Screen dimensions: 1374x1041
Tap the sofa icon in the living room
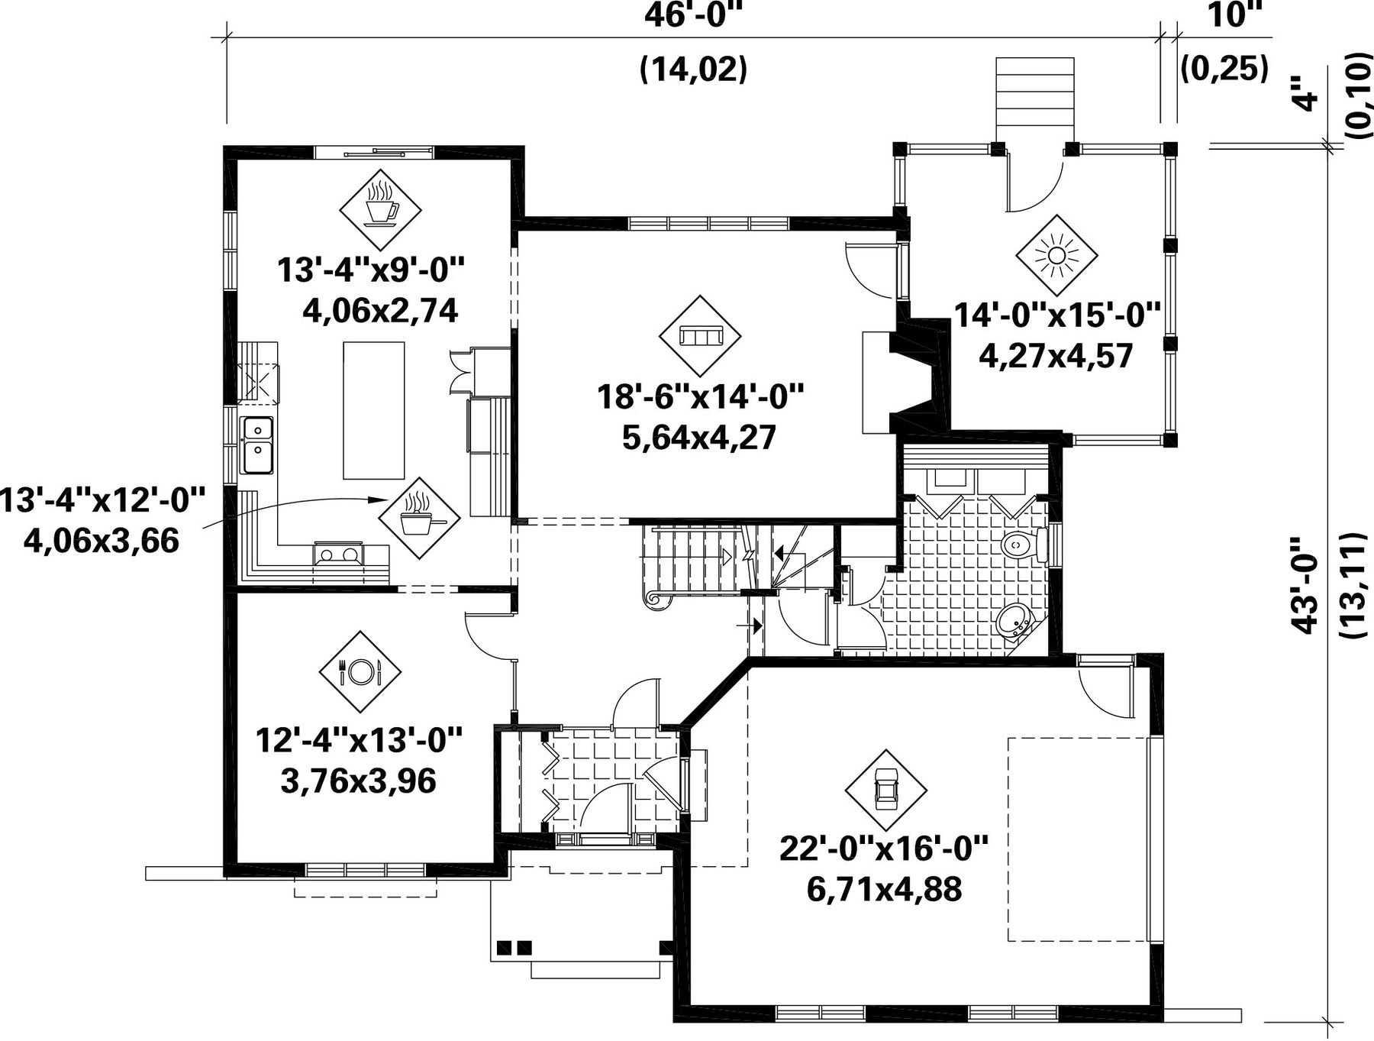700,336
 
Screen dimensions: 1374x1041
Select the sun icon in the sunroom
1056,255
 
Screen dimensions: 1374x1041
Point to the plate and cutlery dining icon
360,671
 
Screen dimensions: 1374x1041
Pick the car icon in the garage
886,790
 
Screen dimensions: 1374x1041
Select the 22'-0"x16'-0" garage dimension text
884,849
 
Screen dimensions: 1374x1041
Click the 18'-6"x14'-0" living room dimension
700,397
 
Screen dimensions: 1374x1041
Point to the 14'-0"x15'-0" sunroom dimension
1057,315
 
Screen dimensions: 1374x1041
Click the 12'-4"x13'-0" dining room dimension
359,740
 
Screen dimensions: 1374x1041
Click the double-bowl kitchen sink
257,445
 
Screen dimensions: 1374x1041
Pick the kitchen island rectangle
373,410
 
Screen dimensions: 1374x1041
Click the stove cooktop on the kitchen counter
338,554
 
